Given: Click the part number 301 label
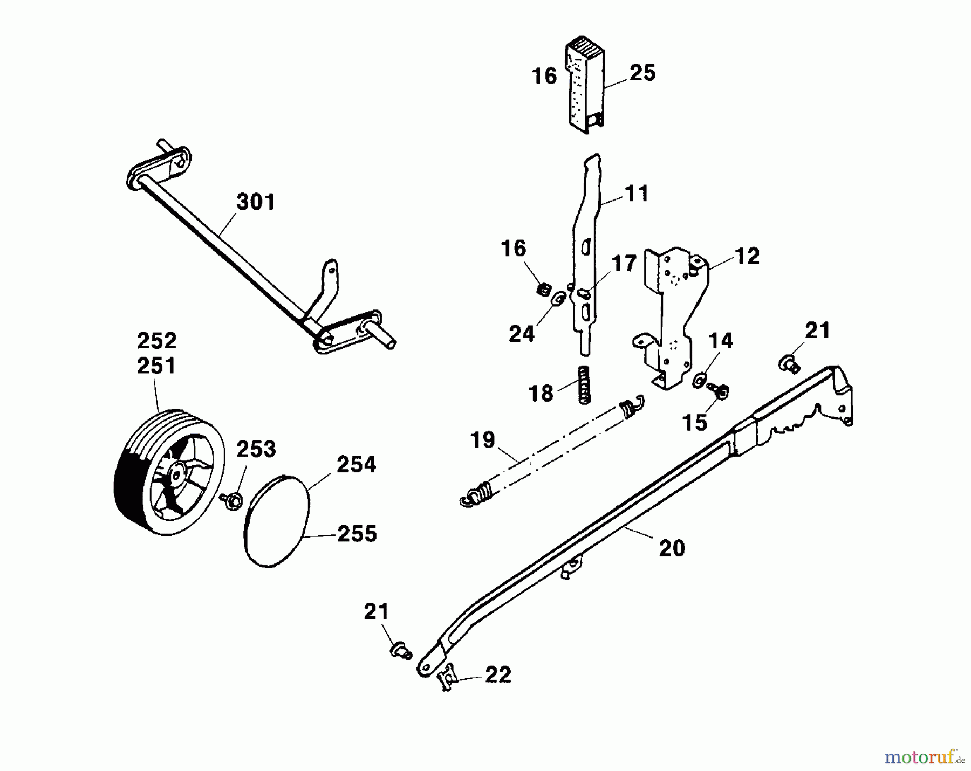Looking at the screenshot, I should [256, 202].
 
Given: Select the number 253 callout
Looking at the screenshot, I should [256, 449].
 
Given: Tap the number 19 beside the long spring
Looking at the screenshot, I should [483, 440].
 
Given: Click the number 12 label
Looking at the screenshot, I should [747, 256].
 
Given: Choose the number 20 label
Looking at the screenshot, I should [672, 548].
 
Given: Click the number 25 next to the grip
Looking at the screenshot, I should [642, 72].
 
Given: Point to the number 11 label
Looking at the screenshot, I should [637, 193].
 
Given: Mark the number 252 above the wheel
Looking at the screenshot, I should [156, 341].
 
